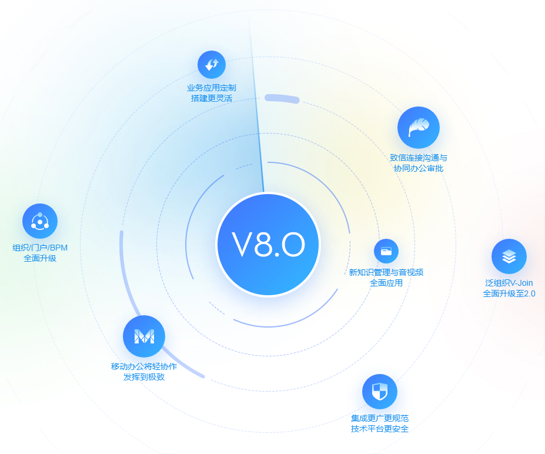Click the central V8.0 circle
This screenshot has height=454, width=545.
point(268,245)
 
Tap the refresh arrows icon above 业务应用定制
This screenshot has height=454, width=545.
point(212,65)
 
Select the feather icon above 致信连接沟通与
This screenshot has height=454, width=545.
point(419,128)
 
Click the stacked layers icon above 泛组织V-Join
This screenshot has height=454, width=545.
point(509,256)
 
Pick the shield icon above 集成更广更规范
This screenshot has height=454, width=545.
point(380,392)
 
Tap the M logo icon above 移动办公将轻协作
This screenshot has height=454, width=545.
point(144,336)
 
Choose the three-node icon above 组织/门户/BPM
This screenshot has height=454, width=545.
point(40,221)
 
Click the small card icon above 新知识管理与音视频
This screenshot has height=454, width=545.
point(386,251)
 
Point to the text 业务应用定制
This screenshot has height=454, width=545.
point(212,88)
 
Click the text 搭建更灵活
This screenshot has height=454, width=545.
point(212,98)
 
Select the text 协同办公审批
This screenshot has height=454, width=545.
point(419,168)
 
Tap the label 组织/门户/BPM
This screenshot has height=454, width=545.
point(40,248)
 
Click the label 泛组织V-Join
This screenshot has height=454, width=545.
point(509,283)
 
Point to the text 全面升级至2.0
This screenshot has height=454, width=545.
point(509,293)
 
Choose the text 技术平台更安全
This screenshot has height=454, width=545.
point(380,429)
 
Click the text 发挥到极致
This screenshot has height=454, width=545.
point(144,377)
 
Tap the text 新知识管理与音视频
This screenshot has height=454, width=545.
point(386,272)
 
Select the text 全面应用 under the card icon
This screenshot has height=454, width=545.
point(386,283)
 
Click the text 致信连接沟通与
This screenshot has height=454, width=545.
point(419,158)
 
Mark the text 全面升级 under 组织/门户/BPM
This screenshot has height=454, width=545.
point(40,258)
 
